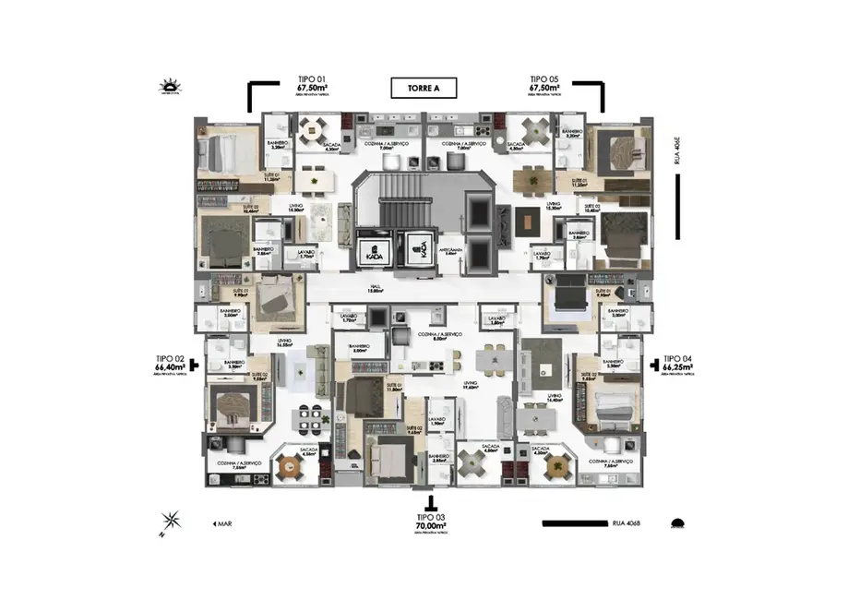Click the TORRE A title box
[x=424, y=90]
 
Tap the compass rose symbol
[x=171, y=522]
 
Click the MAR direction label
[x=221, y=523]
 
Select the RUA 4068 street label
[x=626, y=523]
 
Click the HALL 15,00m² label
[x=376, y=288]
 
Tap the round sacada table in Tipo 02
[x=308, y=467]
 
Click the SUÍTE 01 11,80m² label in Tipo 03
[x=395, y=388]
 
